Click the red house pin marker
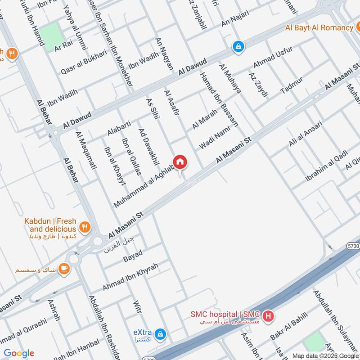coord(180,162)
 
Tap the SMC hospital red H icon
coord(268,316)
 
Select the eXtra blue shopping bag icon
coord(160,334)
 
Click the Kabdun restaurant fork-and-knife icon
coord(84,226)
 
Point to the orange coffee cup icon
coord(64,269)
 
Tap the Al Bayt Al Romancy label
coord(319,27)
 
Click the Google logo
coord(19,353)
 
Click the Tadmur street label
coord(291,85)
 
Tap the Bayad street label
coord(132,256)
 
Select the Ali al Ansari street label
coord(306,134)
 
